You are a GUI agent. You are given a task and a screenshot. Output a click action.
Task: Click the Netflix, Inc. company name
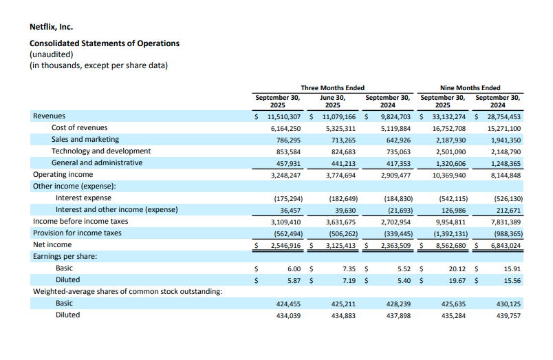52,28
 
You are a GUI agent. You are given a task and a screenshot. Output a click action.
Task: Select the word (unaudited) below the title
51,54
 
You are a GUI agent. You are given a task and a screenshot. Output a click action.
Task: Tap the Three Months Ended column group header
332,88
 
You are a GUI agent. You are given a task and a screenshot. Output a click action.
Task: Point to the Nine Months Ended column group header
470,88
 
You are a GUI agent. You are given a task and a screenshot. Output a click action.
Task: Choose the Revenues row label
50,116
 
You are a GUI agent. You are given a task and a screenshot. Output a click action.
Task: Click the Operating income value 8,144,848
506,175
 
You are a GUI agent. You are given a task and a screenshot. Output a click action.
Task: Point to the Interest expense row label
83,198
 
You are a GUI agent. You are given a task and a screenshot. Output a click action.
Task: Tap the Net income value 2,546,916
283,245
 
